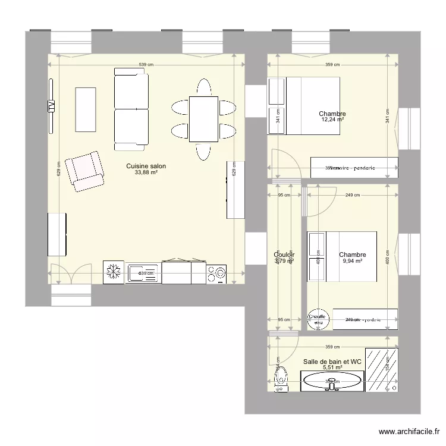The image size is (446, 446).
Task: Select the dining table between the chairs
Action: (203, 119)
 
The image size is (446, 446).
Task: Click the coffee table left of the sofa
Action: (86, 110)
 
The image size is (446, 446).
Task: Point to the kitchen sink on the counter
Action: (143, 273)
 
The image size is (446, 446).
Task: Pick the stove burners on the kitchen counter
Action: (216, 273)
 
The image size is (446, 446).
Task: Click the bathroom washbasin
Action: (332, 380)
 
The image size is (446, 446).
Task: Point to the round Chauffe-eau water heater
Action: (318, 319)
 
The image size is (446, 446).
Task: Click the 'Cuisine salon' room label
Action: (146, 167)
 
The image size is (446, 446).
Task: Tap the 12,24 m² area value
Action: (332, 120)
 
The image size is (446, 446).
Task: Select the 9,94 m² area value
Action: (352, 260)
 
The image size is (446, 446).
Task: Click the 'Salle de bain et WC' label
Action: (332, 361)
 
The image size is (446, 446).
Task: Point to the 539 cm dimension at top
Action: (146, 64)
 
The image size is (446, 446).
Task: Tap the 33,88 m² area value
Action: (146, 173)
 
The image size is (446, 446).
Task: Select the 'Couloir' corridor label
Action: (284, 255)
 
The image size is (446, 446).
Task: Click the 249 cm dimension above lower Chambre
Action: (353, 195)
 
